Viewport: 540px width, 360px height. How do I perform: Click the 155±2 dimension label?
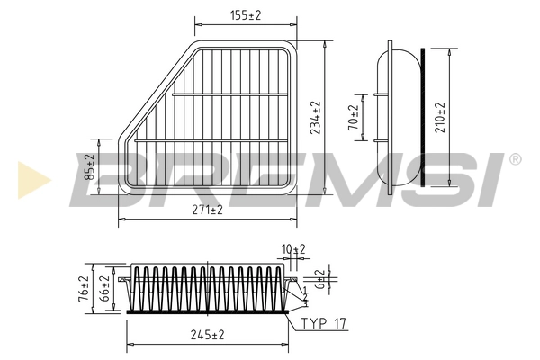pos(246,15)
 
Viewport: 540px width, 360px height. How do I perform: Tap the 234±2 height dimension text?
pos(316,118)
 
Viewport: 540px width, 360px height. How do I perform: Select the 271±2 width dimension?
pos(208,210)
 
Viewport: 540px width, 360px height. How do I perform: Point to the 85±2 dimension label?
pos(90,167)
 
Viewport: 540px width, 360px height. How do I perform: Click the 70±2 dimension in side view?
pos(354,118)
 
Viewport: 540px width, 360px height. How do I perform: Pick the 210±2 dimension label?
pos(440,118)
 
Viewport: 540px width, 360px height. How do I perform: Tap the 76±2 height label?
pos(84,289)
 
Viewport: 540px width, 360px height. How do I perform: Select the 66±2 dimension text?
pos(104,289)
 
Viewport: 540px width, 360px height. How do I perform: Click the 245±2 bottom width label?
pos(208,335)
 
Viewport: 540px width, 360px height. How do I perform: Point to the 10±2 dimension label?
pos(293,249)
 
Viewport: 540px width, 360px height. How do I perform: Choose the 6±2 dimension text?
pos(320,279)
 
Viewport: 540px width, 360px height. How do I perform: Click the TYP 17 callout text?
pos(324,323)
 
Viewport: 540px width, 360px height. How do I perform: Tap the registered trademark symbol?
pos(515,159)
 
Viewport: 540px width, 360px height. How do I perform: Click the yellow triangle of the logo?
pos(34,180)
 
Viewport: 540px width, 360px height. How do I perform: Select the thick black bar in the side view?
pos(423,118)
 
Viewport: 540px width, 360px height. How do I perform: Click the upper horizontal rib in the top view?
pos(230,94)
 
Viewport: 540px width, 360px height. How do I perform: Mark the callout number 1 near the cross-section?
pos(305,289)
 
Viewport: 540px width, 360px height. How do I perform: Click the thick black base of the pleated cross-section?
pos(208,311)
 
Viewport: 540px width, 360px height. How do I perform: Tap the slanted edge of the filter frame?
pos(155,91)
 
